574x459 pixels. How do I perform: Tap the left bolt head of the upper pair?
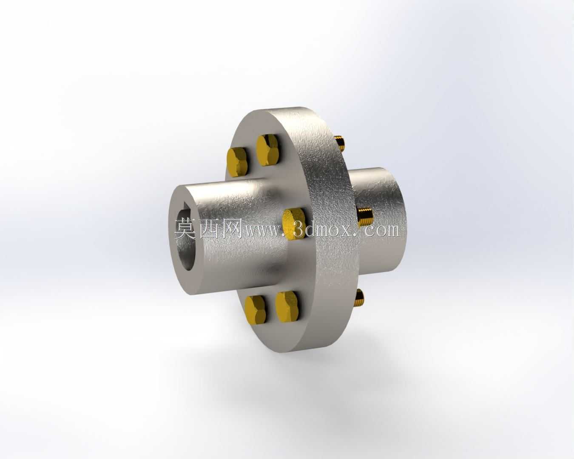(x=237, y=162)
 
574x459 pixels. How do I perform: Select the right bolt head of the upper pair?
(x=267, y=150)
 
